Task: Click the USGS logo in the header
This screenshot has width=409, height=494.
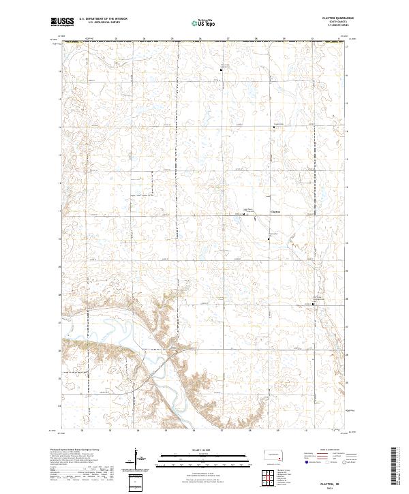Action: (63, 22)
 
